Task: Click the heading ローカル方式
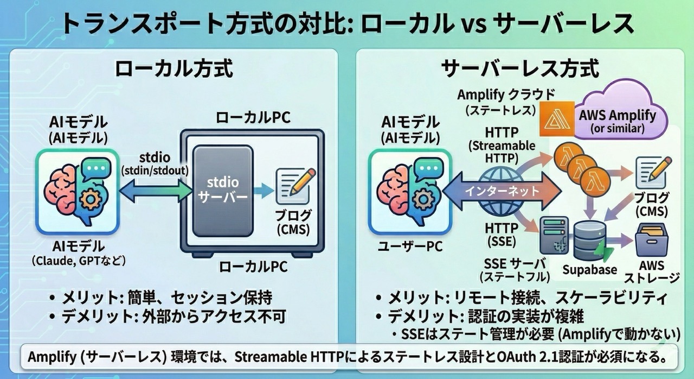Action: point(174,70)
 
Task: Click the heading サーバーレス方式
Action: point(520,70)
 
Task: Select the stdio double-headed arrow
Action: point(155,189)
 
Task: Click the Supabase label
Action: point(589,270)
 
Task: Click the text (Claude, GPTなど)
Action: point(79,261)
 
